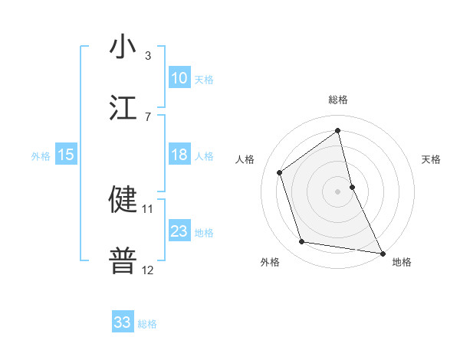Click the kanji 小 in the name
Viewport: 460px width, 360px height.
(123, 47)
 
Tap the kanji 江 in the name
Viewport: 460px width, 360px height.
(123, 107)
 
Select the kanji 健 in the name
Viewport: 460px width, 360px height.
(123, 199)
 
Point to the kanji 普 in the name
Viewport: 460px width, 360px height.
(123, 261)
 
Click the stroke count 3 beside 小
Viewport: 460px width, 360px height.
(148, 56)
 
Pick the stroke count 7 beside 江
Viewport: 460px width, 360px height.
(148, 116)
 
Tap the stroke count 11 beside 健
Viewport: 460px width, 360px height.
(148, 208)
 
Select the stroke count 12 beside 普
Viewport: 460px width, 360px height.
(148, 270)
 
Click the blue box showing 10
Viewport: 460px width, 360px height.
(179, 78)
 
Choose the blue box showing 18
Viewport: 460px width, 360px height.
(179, 155)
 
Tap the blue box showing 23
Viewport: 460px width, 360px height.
(179, 231)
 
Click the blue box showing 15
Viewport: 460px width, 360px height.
(66, 155)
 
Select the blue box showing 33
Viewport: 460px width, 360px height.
(123, 322)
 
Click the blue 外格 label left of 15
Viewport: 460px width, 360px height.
(41, 156)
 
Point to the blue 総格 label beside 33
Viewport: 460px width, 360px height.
(147, 324)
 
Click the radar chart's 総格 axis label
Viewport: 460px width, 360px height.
(337, 100)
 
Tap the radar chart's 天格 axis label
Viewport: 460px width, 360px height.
(432, 160)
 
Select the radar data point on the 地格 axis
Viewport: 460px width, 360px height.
(382, 252)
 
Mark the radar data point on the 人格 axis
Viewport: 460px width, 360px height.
(280, 172)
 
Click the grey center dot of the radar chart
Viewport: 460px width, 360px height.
(337, 191)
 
